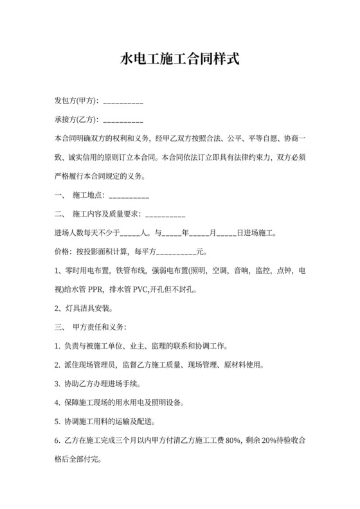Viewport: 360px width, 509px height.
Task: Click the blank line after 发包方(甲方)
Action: pos(123,102)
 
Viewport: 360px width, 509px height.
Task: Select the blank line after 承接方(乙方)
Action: pos(123,120)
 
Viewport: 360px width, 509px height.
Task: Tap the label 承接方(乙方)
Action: pos(76,120)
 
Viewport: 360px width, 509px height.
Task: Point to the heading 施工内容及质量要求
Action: pos(105,214)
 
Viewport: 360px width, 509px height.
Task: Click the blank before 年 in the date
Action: pos(172,233)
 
